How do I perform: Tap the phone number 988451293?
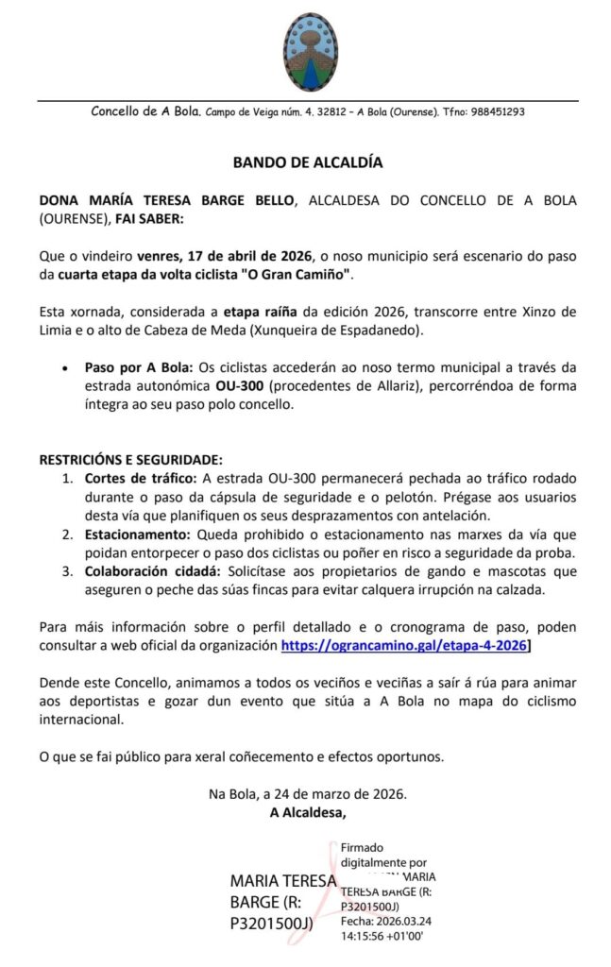coord(494,111)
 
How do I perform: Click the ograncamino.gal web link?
coord(404,647)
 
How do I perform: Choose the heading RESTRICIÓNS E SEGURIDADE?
coord(130,460)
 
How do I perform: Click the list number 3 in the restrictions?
coord(68,571)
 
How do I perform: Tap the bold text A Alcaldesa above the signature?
coord(308,812)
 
